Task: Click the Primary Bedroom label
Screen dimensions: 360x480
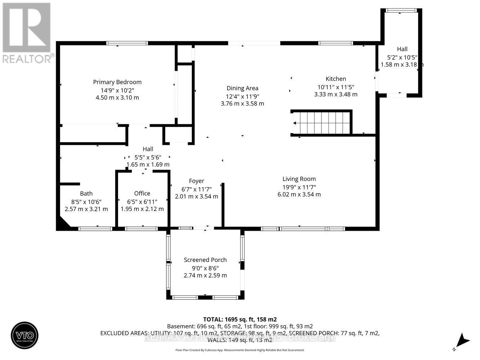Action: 117,82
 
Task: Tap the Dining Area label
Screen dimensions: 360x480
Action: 242,88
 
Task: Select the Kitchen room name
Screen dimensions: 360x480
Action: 336,79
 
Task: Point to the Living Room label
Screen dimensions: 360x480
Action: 299,179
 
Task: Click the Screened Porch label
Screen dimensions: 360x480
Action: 205,260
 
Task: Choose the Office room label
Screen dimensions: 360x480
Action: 142,194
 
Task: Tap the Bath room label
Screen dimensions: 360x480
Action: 86,194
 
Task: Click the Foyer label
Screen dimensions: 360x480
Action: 196,181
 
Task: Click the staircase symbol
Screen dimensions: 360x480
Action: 322,123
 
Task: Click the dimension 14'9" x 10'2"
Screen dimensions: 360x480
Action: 117,90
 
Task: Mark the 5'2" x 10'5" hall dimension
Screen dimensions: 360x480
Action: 402,57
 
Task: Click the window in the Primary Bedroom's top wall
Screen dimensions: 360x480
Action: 127,43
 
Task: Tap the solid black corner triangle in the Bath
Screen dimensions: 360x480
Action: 63,223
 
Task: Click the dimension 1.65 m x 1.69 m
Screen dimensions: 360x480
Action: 148,165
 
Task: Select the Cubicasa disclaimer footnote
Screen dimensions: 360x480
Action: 240,350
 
